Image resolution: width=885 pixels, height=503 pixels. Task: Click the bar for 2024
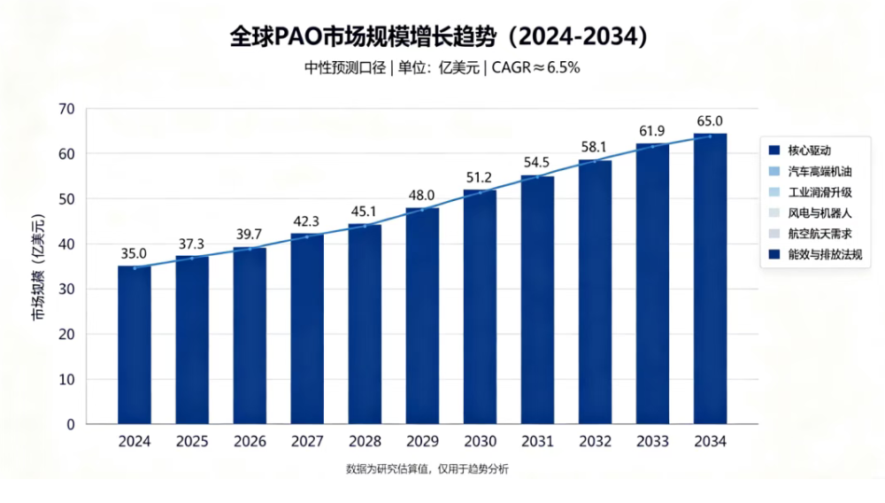pos(135,345)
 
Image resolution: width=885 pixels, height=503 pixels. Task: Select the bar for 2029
pos(422,315)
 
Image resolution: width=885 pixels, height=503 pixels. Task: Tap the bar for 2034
pos(710,279)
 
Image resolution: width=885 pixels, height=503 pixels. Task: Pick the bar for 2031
pos(537,300)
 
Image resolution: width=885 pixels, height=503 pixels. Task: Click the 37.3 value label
pos(191,244)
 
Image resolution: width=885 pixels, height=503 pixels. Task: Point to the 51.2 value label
pos(479,178)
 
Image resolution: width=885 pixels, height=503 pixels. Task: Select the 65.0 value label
pos(710,121)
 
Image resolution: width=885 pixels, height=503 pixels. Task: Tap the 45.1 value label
pos(364,212)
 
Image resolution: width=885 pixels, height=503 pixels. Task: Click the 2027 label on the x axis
pos(307,442)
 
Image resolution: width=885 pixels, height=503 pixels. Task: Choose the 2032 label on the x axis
pos(595,442)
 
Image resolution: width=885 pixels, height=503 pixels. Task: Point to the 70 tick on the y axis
pos(66,109)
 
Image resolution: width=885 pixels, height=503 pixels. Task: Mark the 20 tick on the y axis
pos(66,334)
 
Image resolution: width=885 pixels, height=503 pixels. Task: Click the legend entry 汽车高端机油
pos(820,172)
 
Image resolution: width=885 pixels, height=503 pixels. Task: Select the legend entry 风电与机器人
pos(820,213)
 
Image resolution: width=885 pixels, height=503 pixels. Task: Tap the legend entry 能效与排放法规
pos(825,255)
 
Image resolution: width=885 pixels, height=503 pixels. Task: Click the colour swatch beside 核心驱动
pos(774,151)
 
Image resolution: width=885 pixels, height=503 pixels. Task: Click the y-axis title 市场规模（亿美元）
pos(38,267)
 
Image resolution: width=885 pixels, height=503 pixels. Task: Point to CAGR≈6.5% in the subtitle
pos(535,67)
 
